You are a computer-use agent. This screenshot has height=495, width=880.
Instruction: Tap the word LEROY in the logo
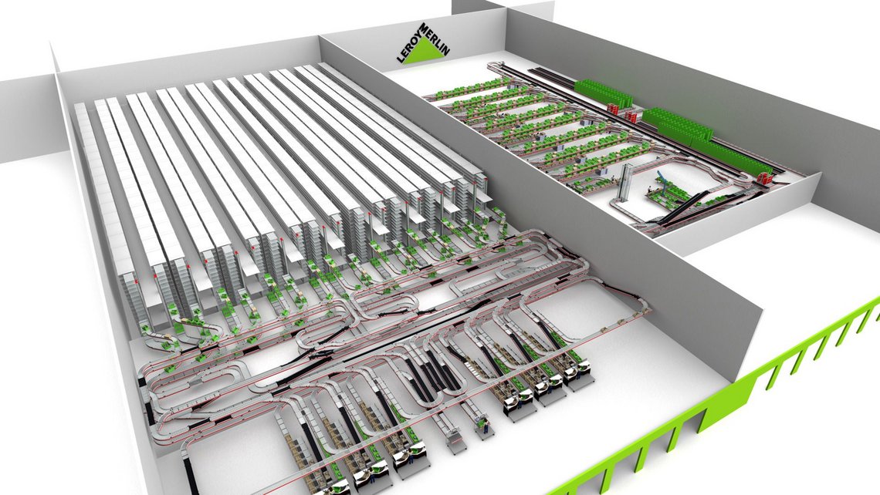click(403, 45)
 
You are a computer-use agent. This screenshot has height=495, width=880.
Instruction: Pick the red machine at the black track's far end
click(765, 178)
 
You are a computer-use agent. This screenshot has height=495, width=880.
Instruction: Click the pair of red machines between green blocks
click(628, 116)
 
